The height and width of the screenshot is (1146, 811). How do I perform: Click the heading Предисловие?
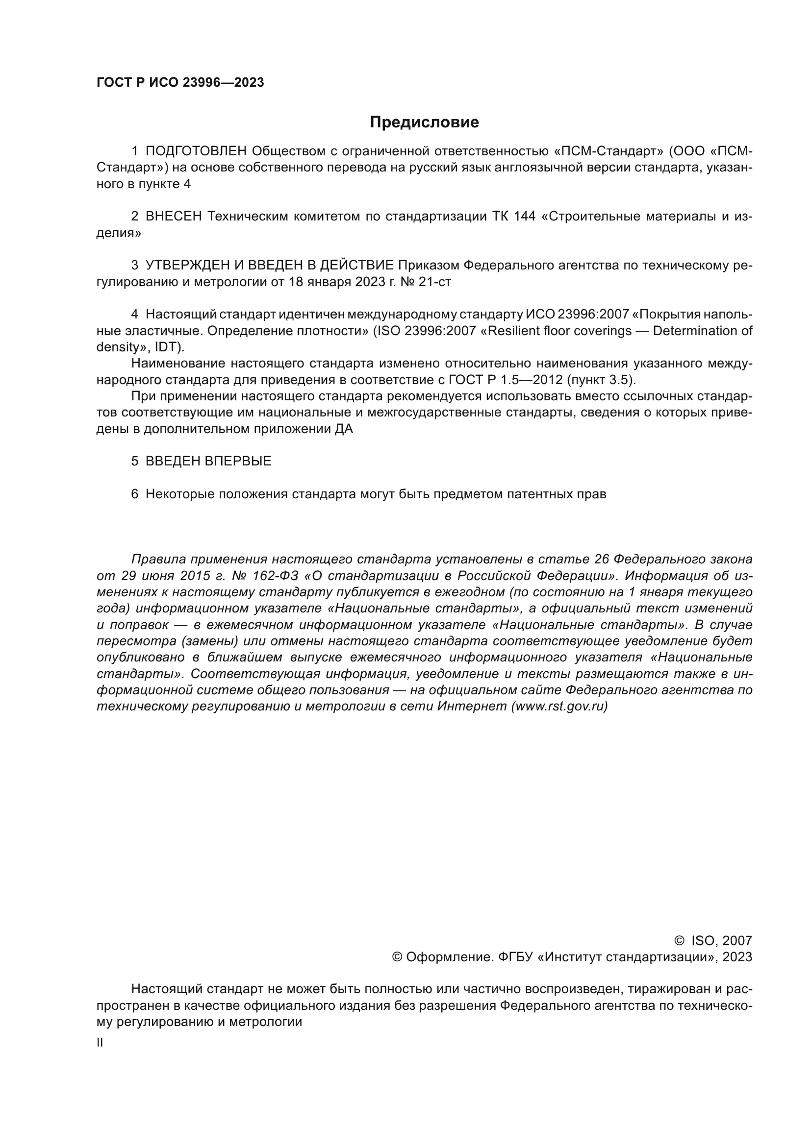pos(424,122)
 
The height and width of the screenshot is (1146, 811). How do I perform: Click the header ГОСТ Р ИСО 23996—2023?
pos(180,83)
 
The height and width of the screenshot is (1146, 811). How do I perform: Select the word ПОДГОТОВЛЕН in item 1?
pos(196,151)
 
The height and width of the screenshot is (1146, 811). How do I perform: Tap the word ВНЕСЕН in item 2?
pos(174,216)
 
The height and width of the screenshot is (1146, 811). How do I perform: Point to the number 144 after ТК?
pos(524,216)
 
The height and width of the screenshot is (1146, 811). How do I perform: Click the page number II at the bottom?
pos(100,1043)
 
